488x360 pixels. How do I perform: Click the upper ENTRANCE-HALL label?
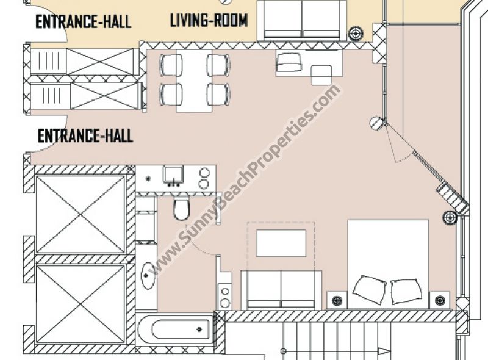[x=83, y=22]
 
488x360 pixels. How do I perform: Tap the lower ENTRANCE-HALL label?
[x=85, y=136]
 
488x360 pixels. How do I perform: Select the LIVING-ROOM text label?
[x=209, y=20]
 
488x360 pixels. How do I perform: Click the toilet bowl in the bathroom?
[x=181, y=209]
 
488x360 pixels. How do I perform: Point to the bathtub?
[x=175, y=329]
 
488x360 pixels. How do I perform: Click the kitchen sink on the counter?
[x=173, y=175]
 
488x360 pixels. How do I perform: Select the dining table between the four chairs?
[x=194, y=81]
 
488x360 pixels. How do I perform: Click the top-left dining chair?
[x=171, y=65]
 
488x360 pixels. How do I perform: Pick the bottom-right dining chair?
[x=218, y=94]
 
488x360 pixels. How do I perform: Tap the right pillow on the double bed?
[x=406, y=291]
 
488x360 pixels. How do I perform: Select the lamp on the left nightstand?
[x=337, y=301]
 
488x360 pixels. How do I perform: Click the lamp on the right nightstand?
[x=440, y=301]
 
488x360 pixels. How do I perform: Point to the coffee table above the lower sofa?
[x=281, y=243]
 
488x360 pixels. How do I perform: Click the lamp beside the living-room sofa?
[x=356, y=33]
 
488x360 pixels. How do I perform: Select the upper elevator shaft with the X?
[x=81, y=215]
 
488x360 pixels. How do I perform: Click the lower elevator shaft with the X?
[x=81, y=304]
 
